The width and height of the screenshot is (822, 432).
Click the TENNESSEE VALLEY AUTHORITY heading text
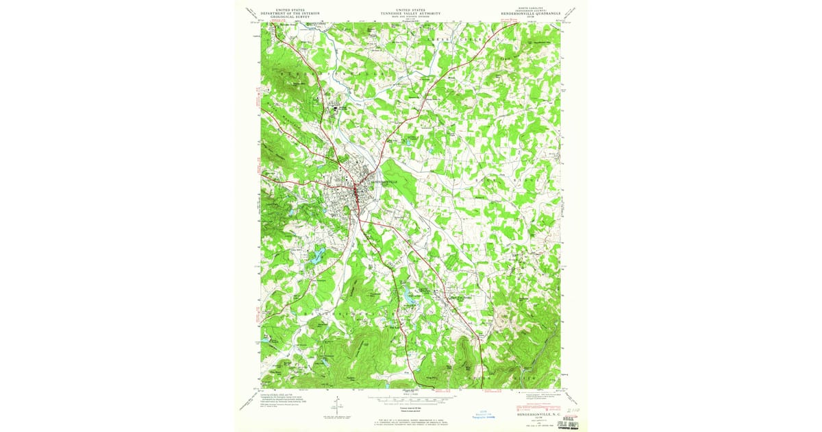coord(410,13)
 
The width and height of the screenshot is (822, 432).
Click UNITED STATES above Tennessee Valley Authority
coord(410,9)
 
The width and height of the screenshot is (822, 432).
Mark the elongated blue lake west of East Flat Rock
coord(410,296)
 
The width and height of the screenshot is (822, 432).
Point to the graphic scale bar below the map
coord(410,398)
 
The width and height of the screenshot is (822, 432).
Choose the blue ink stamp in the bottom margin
coord(484,416)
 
